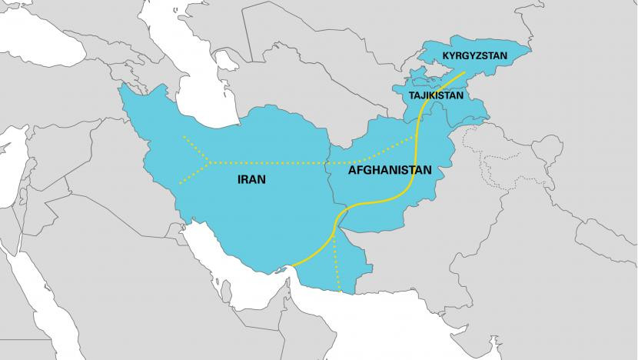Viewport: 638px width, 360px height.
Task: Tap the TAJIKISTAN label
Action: [435, 96]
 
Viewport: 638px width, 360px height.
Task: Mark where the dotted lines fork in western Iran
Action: [209, 162]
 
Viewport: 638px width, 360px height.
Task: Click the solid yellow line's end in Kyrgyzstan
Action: [464, 74]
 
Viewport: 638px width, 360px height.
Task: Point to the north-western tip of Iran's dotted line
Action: [183, 137]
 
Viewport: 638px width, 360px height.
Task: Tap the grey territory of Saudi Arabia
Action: [154, 292]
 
